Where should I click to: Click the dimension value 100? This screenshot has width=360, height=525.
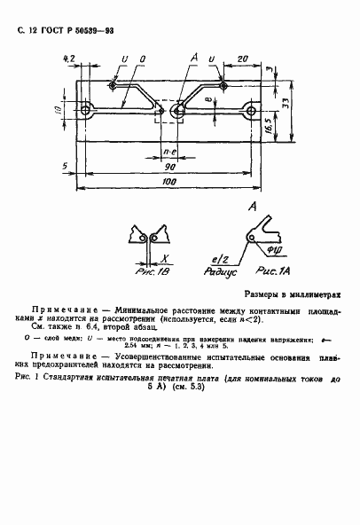168,182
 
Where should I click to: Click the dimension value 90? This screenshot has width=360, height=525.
168,166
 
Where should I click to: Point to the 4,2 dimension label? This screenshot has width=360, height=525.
69,59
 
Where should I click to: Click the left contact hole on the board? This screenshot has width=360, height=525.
86,112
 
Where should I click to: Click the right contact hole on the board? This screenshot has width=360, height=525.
253,112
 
